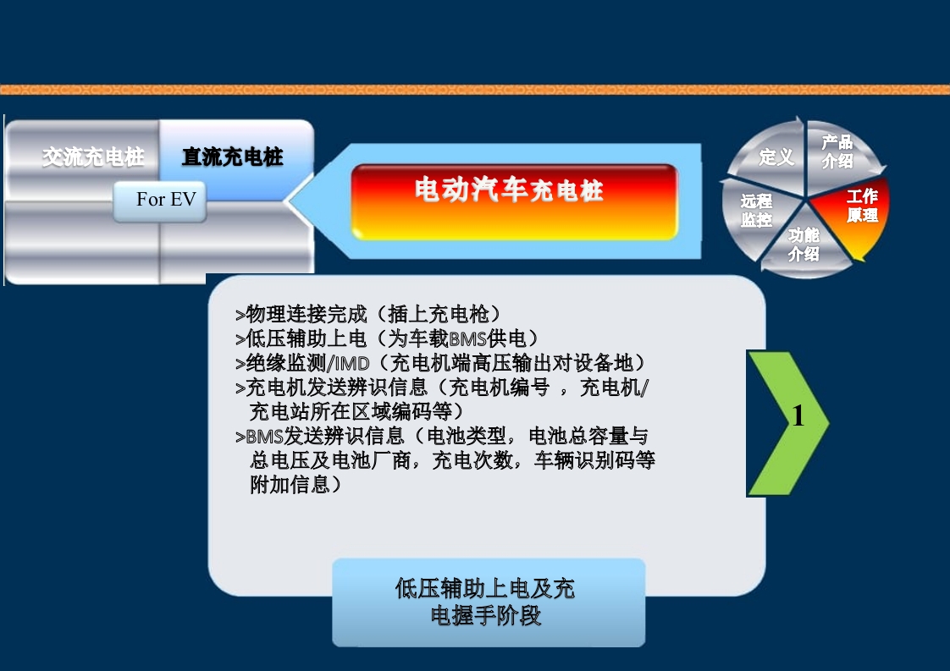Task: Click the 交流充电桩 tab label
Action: click(x=93, y=157)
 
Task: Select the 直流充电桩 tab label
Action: click(x=233, y=157)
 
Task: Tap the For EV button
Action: click(x=166, y=201)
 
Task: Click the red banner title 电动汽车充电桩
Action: click(x=509, y=190)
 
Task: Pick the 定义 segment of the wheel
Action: click(x=776, y=157)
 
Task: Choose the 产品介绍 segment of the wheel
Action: click(x=837, y=151)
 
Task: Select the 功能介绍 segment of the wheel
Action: click(x=804, y=245)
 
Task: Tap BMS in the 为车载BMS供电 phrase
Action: click(x=467, y=339)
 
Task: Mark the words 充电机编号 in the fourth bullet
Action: click(x=500, y=388)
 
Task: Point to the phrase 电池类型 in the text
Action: click(x=469, y=437)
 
